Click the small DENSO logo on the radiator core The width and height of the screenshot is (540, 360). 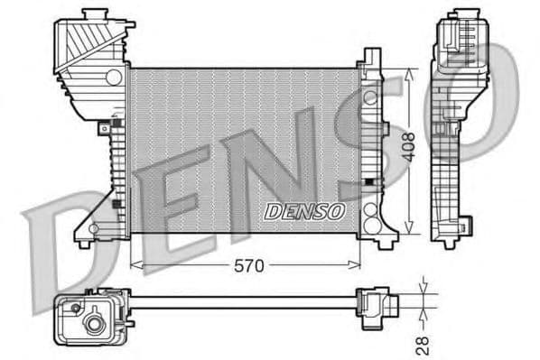point(304,211)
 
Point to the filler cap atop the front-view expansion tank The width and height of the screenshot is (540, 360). point(91,16)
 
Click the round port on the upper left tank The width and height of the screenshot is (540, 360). point(113,78)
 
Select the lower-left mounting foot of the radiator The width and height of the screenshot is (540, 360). point(84,241)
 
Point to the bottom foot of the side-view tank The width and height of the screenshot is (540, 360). point(449,242)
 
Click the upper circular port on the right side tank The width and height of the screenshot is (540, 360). point(369,96)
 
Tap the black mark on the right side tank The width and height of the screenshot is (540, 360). point(368,182)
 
